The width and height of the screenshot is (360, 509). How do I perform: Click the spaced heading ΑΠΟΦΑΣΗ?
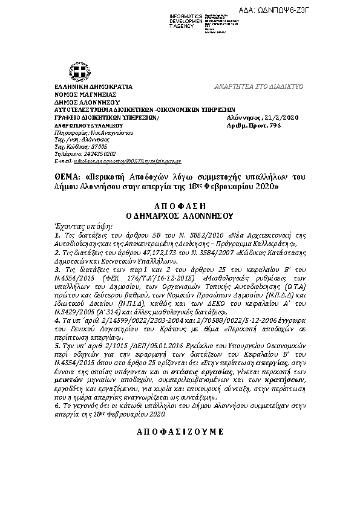[180, 206]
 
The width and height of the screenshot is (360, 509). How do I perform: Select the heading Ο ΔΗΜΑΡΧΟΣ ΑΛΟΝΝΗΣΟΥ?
[180, 215]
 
